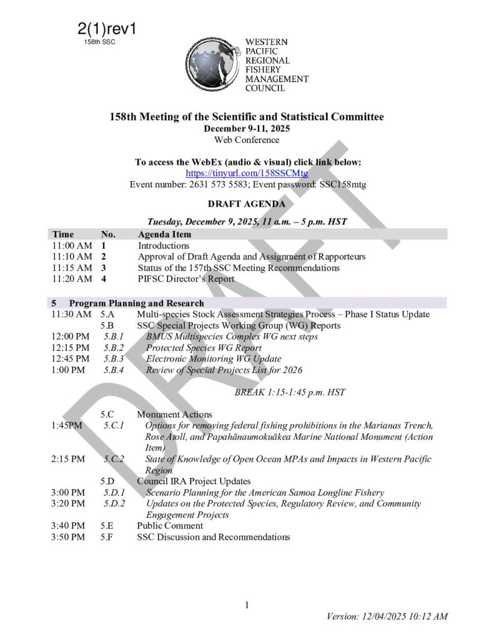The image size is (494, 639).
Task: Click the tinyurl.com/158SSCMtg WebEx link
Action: click(247, 173)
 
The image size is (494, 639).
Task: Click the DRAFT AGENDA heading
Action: click(247, 204)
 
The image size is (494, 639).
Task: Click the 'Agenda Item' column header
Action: click(164, 235)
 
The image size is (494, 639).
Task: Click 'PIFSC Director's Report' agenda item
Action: click(186, 279)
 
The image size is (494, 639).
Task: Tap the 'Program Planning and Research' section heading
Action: click(136, 303)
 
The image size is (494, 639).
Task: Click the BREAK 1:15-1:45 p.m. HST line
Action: click(290, 393)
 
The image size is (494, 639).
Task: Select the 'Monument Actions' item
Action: click(174, 414)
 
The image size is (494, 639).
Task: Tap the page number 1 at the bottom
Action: click(247, 605)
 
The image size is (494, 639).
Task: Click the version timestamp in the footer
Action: click(387, 617)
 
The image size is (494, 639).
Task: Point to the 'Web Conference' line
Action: click(247, 140)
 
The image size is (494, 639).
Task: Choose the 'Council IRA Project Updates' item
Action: click(194, 481)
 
